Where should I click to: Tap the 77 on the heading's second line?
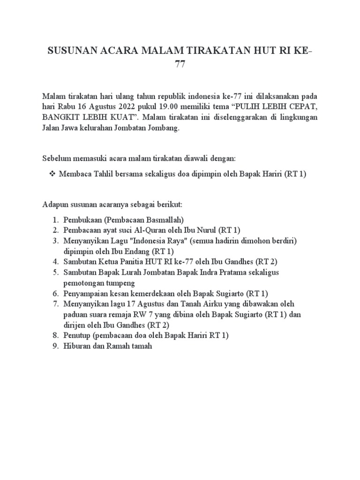[180, 65]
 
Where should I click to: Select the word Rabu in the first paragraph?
[66, 106]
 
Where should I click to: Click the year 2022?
[122, 106]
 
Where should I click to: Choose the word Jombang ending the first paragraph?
[163, 128]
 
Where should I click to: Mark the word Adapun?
[55, 205]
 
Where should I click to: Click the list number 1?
[55, 219]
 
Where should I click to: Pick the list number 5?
[55, 272]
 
